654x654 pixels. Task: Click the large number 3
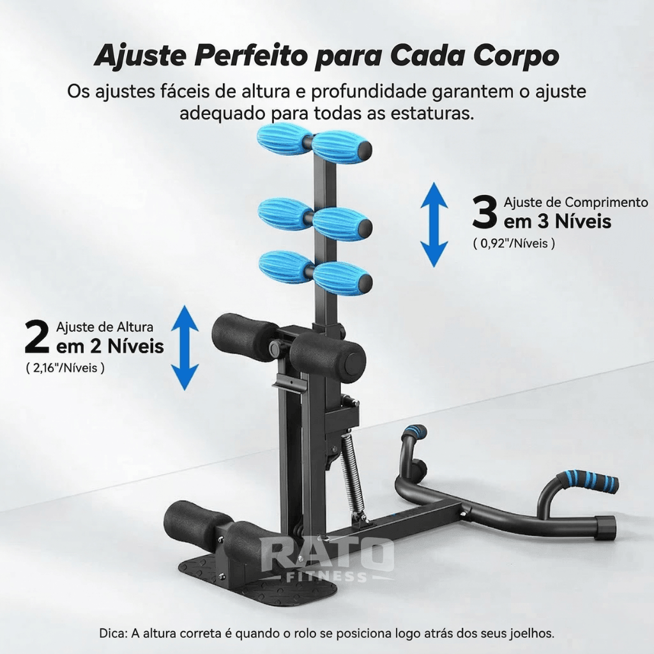click(x=484, y=212)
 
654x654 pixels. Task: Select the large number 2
click(x=37, y=337)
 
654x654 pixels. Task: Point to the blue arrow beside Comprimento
click(x=434, y=225)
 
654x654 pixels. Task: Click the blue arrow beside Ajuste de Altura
click(x=185, y=347)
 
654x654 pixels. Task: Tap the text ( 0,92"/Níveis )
click(x=514, y=243)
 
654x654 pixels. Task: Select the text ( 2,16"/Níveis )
click(x=65, y=369)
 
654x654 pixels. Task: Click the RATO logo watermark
click(x=327, y=554)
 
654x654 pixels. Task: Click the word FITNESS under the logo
click(x=327, y=577)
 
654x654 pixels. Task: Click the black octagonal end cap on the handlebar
click(x=604, y=528)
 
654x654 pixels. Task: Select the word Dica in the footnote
click(x=112, y=634)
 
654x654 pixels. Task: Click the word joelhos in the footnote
click(x=531, y=634)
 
